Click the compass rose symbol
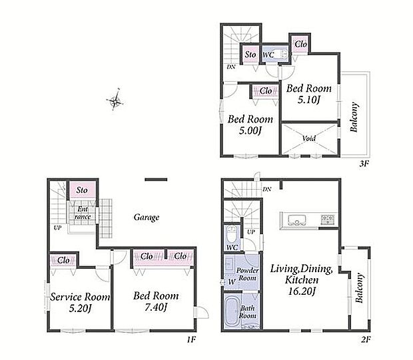click(115, 99)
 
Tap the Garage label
click(147, 218)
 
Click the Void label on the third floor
click(309, 138)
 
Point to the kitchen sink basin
click(297, 220)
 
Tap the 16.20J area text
click(302, 291)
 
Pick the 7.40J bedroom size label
click(156, 307)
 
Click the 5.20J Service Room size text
click(80, 308)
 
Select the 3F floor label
click(364, 164)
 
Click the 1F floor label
click(191, 339)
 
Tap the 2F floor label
click(366, 340)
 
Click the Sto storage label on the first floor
click(82, 190)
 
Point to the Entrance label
click(83, 213)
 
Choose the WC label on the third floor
click(268, 55)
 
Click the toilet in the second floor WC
click(232, 235)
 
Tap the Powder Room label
click(247, 274)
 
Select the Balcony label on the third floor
click(354, 117)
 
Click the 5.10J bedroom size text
click(309, 100)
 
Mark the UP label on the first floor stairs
click(57, 228)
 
